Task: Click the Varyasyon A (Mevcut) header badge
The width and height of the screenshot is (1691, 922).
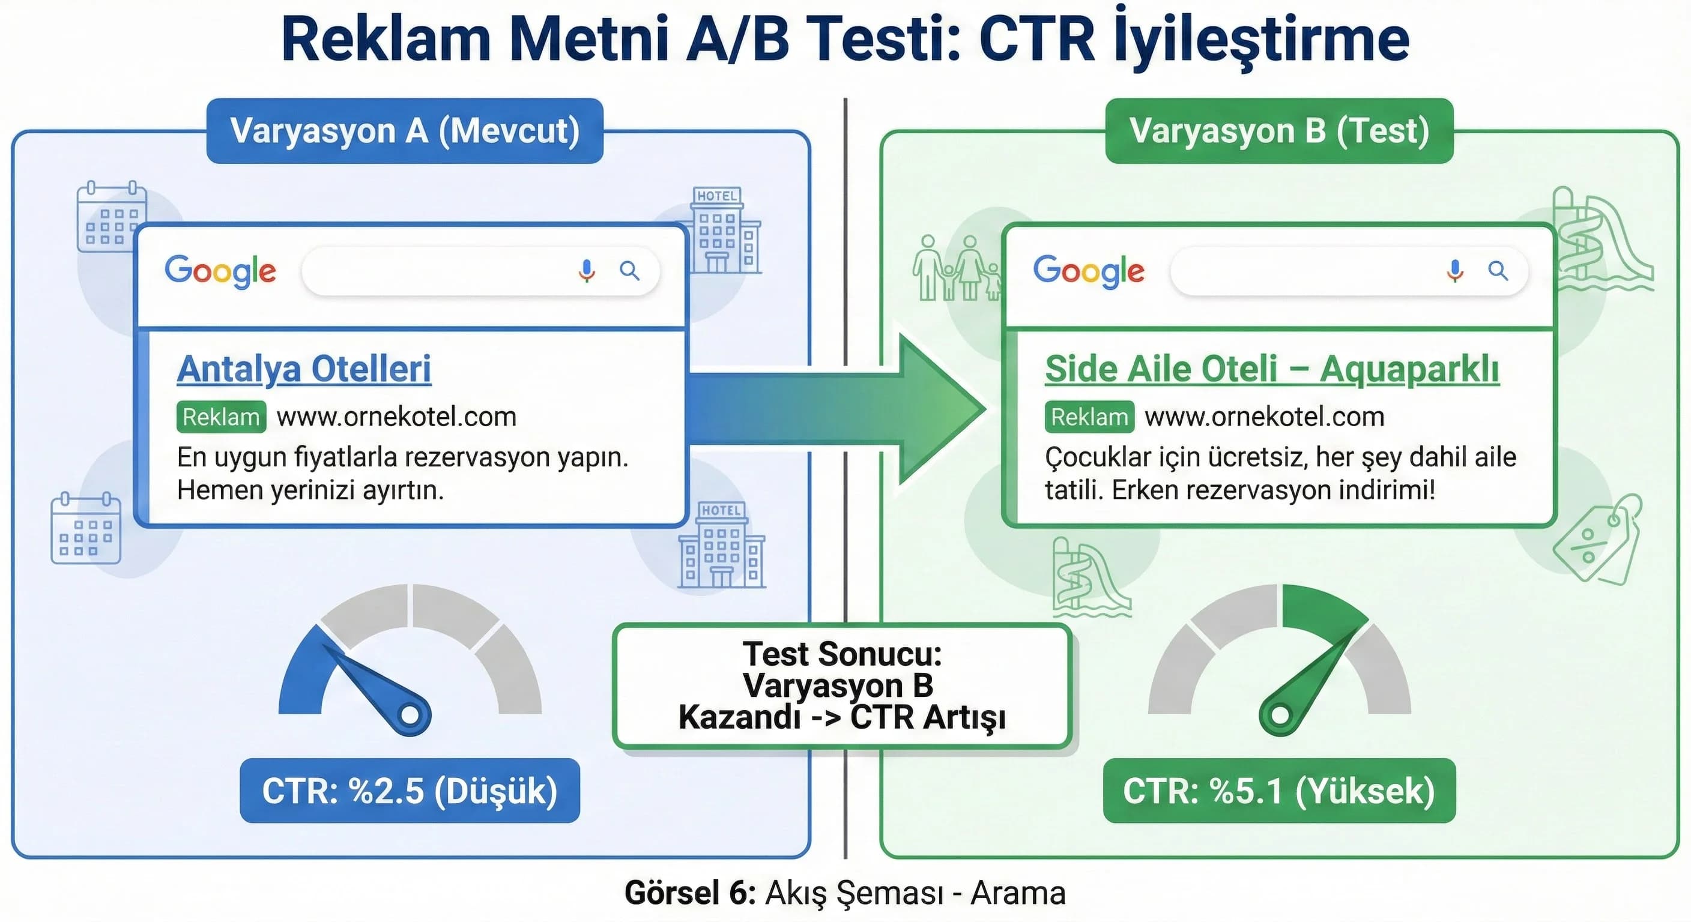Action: coord(404,131)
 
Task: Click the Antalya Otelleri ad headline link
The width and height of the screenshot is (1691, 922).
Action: coord(304,369)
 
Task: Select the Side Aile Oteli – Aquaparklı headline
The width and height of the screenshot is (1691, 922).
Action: coord(1271,369)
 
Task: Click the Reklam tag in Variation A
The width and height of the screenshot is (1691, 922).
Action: coord(221,417)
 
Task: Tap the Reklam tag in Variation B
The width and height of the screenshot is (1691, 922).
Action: coord(1089,417)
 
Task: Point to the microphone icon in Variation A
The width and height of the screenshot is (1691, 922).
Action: coord(587,270)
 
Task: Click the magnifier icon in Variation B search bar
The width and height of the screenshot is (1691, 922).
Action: coord(1498,270)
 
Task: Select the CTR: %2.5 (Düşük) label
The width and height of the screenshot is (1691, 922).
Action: coord(410,790)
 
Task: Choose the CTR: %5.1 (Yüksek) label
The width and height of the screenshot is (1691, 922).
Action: coord(1278,790)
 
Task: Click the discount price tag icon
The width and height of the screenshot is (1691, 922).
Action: coord(1597,540)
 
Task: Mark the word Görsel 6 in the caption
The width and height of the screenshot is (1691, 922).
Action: coord(690,893)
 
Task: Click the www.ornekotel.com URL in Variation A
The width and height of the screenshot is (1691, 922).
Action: coord(396,417)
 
